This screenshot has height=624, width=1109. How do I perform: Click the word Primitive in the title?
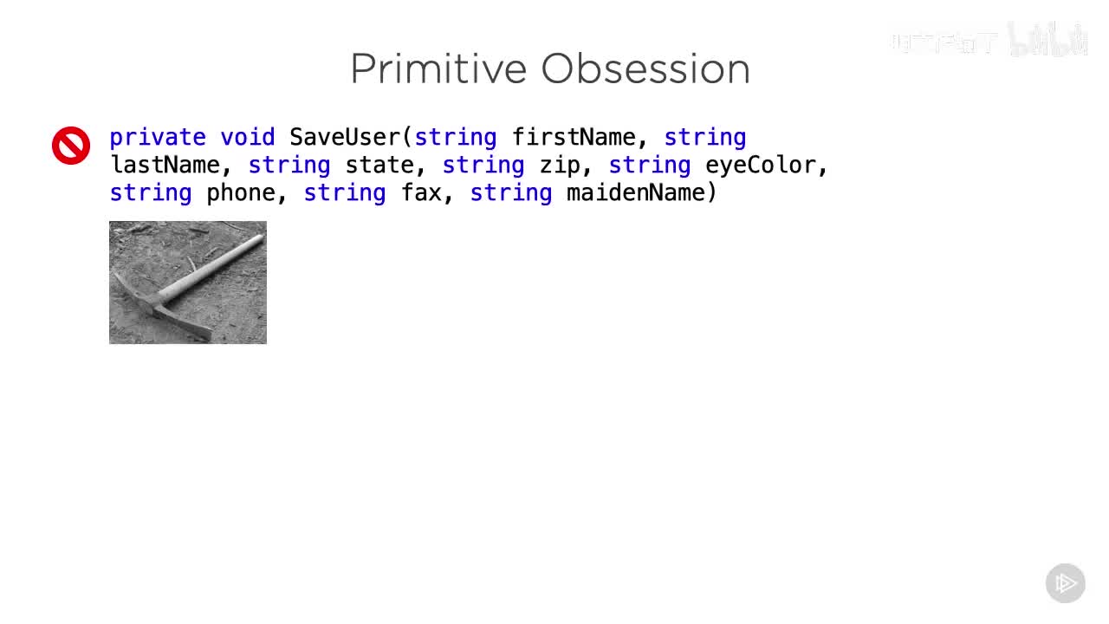[438, 69]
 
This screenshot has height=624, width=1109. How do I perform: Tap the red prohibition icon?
[71, 146]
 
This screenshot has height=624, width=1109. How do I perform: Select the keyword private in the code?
[158, 138]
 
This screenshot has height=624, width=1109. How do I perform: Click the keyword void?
[247, 138]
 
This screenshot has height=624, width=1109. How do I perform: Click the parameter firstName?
[574, 138]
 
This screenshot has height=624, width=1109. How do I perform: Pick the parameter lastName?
[165, 166]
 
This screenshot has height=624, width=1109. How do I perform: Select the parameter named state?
[379, 166]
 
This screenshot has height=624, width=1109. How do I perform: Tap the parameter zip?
[560, 166]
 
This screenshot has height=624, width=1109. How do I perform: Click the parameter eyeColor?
[760, 166]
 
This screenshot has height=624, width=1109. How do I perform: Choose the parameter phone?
[240, 193]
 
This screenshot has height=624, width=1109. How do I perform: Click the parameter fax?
[421, 193]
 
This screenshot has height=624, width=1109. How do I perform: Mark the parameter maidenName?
[636, 193]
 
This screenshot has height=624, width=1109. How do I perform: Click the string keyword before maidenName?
[510, 193]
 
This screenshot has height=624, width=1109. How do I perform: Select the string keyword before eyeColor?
[649, 166]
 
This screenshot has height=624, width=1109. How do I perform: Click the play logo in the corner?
[1065, 583]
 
